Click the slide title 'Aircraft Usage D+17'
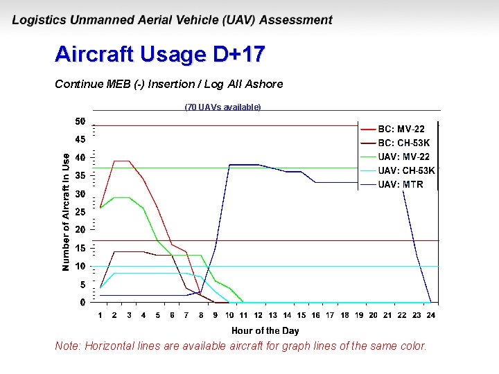point(160,54)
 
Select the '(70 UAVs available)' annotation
point(222,107)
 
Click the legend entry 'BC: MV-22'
point(401,129)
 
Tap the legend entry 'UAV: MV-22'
point(403,157)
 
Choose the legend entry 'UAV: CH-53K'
point(406,170)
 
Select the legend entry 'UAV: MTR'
point(400,184)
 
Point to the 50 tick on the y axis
point(80,122)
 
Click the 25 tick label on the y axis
point(80,212)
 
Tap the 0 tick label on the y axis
point(82,303)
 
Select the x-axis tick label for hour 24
point(431,316)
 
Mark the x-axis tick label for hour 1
point(100,316)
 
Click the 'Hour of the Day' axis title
point(265,330)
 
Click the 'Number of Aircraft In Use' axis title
point(66,213)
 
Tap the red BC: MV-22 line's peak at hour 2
point(115,161)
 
